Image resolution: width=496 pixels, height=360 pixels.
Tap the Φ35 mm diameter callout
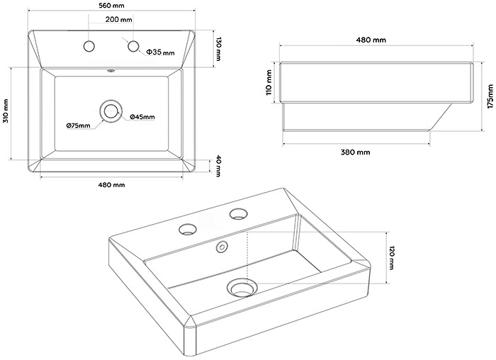[x=160, y=52]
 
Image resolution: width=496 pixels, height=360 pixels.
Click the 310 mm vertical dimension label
[x=6, y=113]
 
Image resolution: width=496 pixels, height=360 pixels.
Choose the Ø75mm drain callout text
[x=78, y=126]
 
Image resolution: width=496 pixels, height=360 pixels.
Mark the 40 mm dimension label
[x=219, y=165]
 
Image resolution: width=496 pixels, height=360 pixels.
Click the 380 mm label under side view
[x=354, y=152]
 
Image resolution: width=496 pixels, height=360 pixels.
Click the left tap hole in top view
[x=89, y=47]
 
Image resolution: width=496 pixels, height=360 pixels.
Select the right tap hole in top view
[x=133, y=47]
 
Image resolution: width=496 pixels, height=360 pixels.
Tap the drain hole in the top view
[x=111, y=111]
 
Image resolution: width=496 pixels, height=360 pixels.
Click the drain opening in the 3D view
[x=241, y=288]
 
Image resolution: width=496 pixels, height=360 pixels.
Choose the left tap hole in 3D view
[x=188, y=228]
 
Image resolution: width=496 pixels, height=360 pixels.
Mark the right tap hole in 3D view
[x=237, y=213]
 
